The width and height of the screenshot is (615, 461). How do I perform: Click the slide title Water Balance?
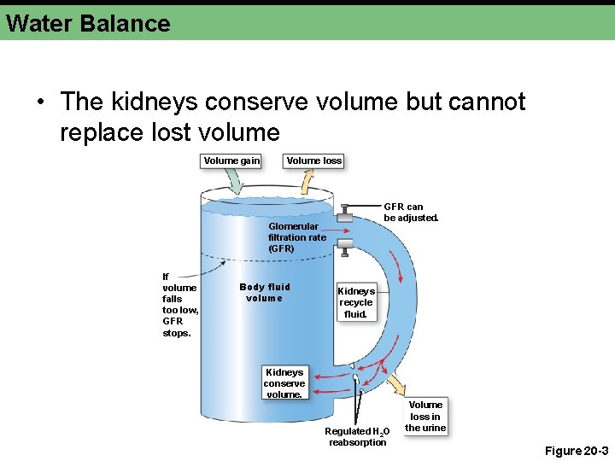coord(88,23)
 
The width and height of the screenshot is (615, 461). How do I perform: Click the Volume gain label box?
coord(231,160)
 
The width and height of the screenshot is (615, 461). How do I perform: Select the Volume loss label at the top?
coord(313,160)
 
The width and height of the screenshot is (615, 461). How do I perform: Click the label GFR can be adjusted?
coord(411,212)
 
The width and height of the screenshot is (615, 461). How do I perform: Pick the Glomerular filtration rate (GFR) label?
coord(296,237)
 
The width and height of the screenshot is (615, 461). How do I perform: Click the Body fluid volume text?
coord(264,293)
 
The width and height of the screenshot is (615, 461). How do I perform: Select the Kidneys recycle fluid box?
coord(356,302)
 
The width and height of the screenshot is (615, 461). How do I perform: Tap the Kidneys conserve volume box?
coord(284,383)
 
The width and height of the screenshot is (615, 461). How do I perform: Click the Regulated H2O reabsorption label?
coord(358,436)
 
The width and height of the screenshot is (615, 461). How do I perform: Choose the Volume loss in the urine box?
coord(425,416)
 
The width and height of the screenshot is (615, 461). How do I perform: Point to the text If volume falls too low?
coord(179,304)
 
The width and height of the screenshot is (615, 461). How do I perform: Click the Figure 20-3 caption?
coord(576,450)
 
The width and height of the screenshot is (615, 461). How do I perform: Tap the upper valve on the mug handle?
coord(343,214)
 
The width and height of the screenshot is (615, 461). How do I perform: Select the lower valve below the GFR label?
coord(344,247)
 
